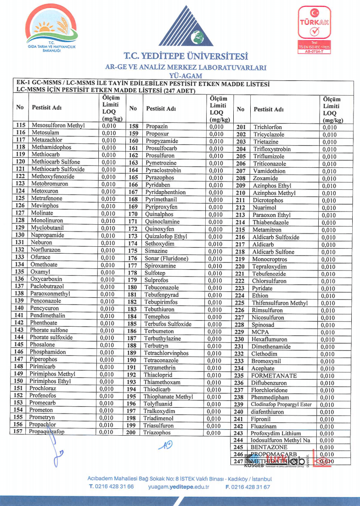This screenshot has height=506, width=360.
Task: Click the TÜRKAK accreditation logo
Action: [x=315, y=30]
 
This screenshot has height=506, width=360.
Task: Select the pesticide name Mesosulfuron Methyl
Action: [x=55, y=125]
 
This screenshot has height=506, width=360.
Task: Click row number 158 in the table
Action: [x=134, y=126]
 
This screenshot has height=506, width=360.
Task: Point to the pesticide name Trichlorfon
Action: [x=268, y=127]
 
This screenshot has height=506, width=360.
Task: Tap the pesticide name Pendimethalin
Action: [x=48, y=316]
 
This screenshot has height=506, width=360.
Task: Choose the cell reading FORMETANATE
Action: [x=275, y=375]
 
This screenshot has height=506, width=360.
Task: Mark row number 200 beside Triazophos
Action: [x=133, y=432]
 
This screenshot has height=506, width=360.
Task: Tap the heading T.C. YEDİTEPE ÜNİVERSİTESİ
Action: [x=186, y=57]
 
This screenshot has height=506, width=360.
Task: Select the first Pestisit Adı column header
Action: [x=47, y=108]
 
